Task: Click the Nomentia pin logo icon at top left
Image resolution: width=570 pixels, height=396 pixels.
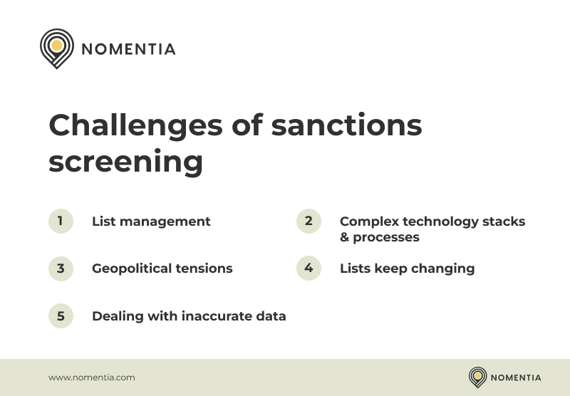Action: click(56, 47)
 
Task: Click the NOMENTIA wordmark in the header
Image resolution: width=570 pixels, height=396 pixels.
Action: click(128, 49)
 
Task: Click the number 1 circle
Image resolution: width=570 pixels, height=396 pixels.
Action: click(61, 221)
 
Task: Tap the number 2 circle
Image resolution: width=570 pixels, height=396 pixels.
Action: click(309, 221)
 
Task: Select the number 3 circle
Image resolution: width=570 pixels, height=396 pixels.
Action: click(61, 269)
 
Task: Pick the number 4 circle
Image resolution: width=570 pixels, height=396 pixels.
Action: click(309, 268)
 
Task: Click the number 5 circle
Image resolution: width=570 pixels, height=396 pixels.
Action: click(61, 316)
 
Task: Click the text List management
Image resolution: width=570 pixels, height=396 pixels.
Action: click(151, 222)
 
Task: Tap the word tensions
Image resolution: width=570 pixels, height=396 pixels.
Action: click(207, 269)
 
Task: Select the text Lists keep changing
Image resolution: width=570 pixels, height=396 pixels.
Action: click(407, 269)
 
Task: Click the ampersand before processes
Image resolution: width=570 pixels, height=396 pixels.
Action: click(345, 237)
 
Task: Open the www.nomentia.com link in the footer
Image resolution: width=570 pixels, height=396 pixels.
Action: click(91, 377)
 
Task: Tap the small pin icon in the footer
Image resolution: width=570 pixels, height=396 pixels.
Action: click(477, 377)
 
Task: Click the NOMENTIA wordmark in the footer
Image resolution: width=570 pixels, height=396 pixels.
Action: click(516, 377)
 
